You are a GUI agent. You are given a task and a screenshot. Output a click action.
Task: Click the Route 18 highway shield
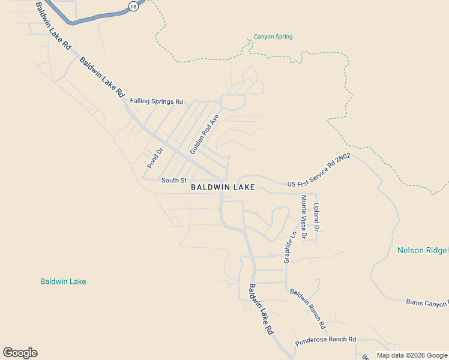tap(132, 5)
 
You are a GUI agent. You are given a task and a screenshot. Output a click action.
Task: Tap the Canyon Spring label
tap(273, 37)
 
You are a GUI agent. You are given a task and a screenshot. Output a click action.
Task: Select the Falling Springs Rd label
tap(156, 101)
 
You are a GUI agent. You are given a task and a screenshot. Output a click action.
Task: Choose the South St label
tap(174, 180)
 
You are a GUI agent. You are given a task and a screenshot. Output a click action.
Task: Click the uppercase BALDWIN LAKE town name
tap(223, 187)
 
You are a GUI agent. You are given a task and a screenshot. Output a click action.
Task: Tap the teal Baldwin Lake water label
tap(63, 281)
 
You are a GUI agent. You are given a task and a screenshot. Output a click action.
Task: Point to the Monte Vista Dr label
tap(304, 217)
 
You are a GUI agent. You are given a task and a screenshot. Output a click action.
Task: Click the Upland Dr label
tap(316, 217)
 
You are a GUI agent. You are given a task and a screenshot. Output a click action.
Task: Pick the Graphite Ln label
tap(289, 247)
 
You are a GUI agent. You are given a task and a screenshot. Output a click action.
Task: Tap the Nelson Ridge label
tap(422, 250)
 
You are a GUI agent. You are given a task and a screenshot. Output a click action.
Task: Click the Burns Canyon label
tap(427, 303)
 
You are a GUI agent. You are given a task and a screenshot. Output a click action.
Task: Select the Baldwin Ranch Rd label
tap(307, 309)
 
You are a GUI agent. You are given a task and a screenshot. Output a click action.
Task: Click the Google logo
tap(20, 353)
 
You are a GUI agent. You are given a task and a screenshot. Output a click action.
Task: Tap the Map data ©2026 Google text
tap(411, 355)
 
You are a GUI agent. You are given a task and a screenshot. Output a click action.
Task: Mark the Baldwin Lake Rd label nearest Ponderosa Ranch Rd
tap(262, 309)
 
